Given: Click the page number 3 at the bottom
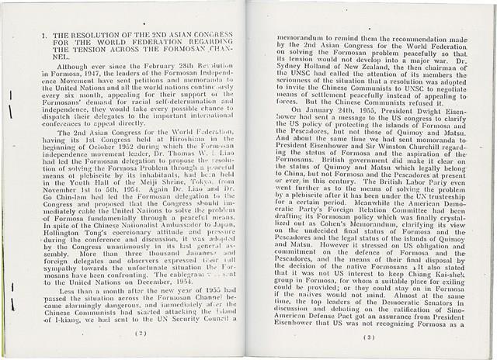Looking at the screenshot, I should (369, 337).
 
